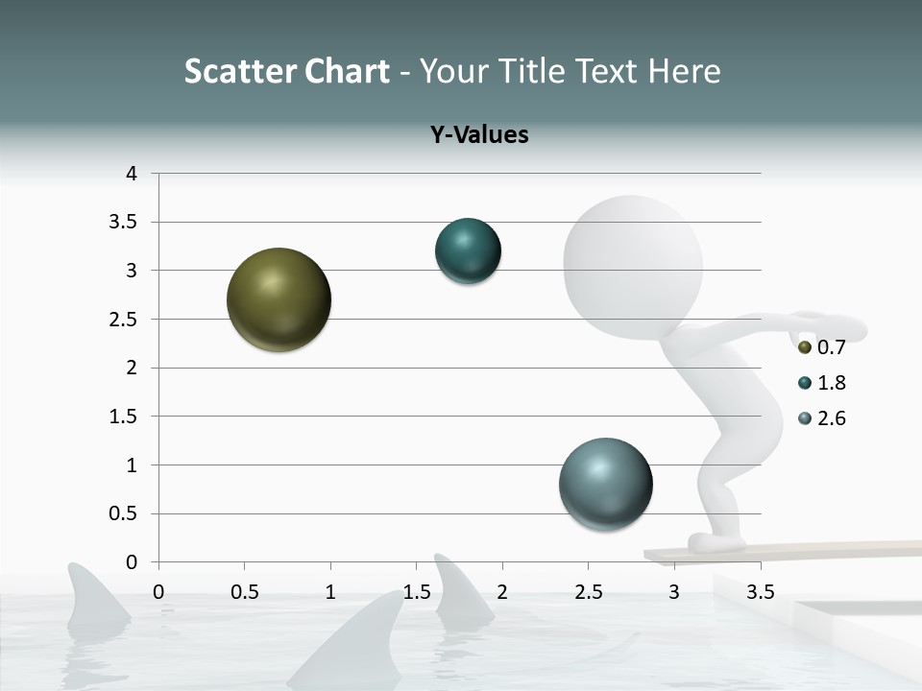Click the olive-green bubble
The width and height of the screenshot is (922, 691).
279,299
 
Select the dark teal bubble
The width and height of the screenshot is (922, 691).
468,251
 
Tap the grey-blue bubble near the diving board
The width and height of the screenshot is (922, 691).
605,484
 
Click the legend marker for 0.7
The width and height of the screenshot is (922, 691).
805,346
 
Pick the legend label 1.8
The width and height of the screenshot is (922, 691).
832,383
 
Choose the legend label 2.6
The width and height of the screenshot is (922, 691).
832,418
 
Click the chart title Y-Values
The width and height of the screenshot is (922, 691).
479,134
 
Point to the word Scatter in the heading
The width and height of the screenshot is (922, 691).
240,71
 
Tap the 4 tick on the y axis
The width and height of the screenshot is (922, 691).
133,174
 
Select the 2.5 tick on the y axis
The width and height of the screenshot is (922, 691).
124,320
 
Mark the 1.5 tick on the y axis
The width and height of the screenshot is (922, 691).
124,417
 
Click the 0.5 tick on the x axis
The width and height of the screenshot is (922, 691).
244,592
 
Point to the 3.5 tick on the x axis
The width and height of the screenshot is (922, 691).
761,592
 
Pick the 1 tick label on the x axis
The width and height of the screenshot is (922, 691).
330,592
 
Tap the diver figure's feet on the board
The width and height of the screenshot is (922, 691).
716,543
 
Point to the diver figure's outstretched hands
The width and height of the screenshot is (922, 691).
836,324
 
